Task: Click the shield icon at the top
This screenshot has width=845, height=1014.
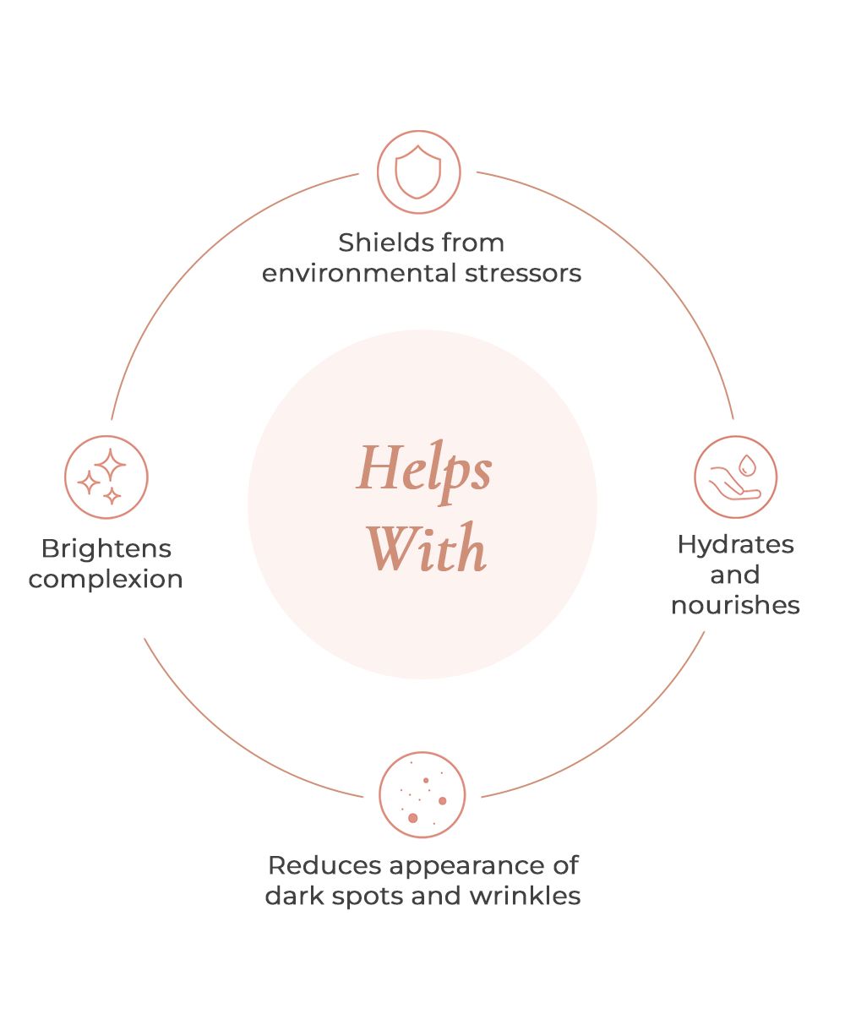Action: coord(418,172)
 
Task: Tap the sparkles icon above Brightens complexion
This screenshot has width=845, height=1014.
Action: coord(106,477)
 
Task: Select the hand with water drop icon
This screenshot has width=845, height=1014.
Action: coord(735,477)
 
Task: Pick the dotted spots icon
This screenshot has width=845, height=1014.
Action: coord(422,795)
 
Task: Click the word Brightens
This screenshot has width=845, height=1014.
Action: coord(106,548)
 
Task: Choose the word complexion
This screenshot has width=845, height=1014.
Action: coord(106,580)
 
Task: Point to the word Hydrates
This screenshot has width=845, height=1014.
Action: coord(735,544)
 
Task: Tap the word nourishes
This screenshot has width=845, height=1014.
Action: coord(735,605)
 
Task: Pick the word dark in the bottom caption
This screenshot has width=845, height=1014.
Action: coord(293,896)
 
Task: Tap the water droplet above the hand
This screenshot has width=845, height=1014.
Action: coord(747,465)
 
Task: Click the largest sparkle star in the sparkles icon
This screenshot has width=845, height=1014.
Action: coord(110,464)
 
